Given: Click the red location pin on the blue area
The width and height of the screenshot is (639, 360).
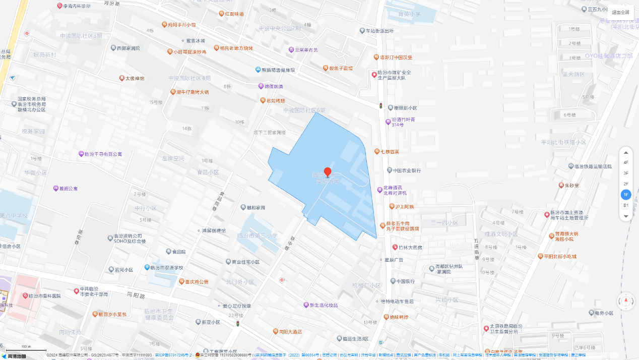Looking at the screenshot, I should (328, 172).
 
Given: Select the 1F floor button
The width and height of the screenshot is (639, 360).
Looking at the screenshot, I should (626, 195).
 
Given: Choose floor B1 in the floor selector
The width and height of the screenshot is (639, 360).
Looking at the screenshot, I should (626, 205).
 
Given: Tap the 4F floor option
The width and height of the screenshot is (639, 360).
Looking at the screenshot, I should (626, 162).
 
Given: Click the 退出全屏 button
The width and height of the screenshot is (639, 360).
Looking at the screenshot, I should (620, 12).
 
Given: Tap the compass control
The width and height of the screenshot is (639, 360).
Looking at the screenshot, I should (626, 302).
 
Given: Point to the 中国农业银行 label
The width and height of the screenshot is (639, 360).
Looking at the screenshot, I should (407, 170).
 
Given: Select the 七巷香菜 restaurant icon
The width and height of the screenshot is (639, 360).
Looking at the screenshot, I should (377, 151).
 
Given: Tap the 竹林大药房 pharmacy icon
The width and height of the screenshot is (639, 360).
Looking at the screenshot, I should (395, 247).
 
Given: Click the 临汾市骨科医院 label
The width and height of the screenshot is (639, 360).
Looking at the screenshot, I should (44, 296).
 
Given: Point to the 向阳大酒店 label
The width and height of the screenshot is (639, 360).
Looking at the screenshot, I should (290, 332).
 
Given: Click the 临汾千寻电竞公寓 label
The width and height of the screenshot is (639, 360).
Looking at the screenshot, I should (103, 154).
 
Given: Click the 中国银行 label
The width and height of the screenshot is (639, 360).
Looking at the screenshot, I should (405, 281).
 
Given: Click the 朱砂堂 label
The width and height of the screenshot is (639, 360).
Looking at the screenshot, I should (572, 185).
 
